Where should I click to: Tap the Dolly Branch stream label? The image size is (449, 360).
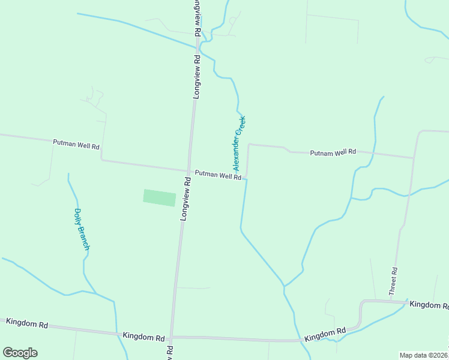point(82,229)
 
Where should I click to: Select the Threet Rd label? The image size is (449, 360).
point(394,280)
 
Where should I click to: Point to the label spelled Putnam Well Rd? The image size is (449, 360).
point(333,153)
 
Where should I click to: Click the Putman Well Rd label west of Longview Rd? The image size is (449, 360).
point(76,145)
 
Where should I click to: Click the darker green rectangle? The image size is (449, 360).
point(160,198)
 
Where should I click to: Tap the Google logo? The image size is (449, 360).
point(20,353)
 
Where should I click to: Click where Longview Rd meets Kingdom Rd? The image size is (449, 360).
point(172,337)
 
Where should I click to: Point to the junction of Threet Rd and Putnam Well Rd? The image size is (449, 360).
point(414,158)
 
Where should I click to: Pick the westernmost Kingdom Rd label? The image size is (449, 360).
point(27,322)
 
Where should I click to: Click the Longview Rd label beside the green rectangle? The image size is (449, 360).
point(185,198)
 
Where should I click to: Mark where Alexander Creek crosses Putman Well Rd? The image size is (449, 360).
point(246,178)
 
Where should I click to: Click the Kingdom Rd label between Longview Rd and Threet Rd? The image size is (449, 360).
point(325,334)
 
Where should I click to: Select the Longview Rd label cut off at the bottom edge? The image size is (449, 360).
point(170,352)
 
